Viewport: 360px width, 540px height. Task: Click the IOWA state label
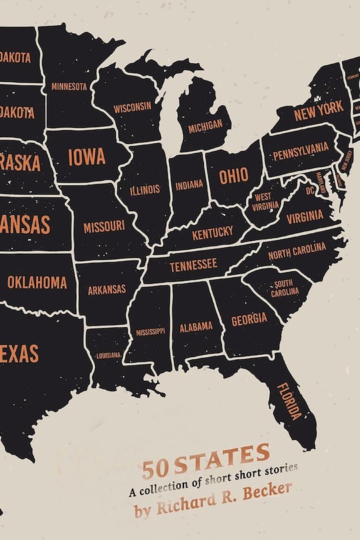tap(87, 157)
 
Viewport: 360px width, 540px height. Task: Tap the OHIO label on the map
tap(233, 176)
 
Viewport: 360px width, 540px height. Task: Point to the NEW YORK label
tap(319, 110)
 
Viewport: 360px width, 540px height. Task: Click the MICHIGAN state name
tap(205, 126)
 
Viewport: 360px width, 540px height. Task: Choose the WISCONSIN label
tap(132, 107)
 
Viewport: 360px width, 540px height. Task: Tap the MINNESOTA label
tap(69, 87)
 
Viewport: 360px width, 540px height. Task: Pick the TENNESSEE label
tap(193, 265)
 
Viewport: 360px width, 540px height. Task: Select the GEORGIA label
tap(249, 319)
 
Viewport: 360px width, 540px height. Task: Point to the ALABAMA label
tap(196, 327)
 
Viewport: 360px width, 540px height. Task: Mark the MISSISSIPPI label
tap(150, 331)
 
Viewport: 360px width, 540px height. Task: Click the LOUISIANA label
tap(108, 355)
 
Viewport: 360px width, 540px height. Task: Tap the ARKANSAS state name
tap(107, 289)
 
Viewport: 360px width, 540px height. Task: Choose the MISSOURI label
tap(104, 227)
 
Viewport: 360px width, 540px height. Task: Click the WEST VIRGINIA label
tap(262, 201)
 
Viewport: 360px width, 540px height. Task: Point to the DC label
tap(309, 190)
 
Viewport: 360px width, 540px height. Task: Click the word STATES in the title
tap(233, 456)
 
